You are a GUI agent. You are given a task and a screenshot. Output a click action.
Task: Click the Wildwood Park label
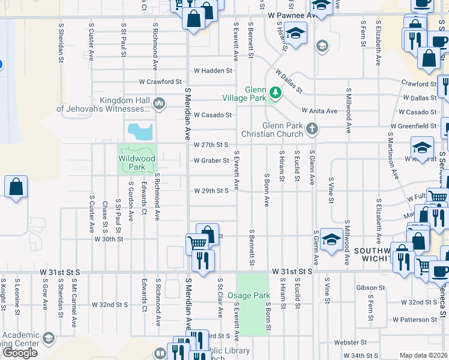[137, 163]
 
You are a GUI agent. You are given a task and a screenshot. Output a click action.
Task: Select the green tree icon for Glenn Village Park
[275, 92]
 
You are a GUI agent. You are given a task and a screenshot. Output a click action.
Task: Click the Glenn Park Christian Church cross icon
[311, 128]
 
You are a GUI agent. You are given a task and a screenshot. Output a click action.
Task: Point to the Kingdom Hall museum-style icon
[159, 104]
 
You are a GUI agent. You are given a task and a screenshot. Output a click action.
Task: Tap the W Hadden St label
[212, 70]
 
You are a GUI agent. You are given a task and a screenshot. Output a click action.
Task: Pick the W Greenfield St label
[413, 126]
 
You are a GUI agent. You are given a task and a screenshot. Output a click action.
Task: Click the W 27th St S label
[211, 145]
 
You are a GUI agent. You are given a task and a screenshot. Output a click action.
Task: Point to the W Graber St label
[211, 160]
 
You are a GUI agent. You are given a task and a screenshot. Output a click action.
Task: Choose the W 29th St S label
[211, 191]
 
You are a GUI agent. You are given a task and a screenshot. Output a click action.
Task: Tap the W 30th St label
[109, 239]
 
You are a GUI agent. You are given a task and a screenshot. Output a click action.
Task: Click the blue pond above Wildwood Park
[140, 131]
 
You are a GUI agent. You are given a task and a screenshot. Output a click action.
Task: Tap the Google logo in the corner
[20, 353]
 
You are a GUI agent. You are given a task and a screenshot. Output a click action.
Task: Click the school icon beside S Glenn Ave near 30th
[331, 239]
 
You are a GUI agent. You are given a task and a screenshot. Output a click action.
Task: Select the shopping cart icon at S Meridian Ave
[197, 243]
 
